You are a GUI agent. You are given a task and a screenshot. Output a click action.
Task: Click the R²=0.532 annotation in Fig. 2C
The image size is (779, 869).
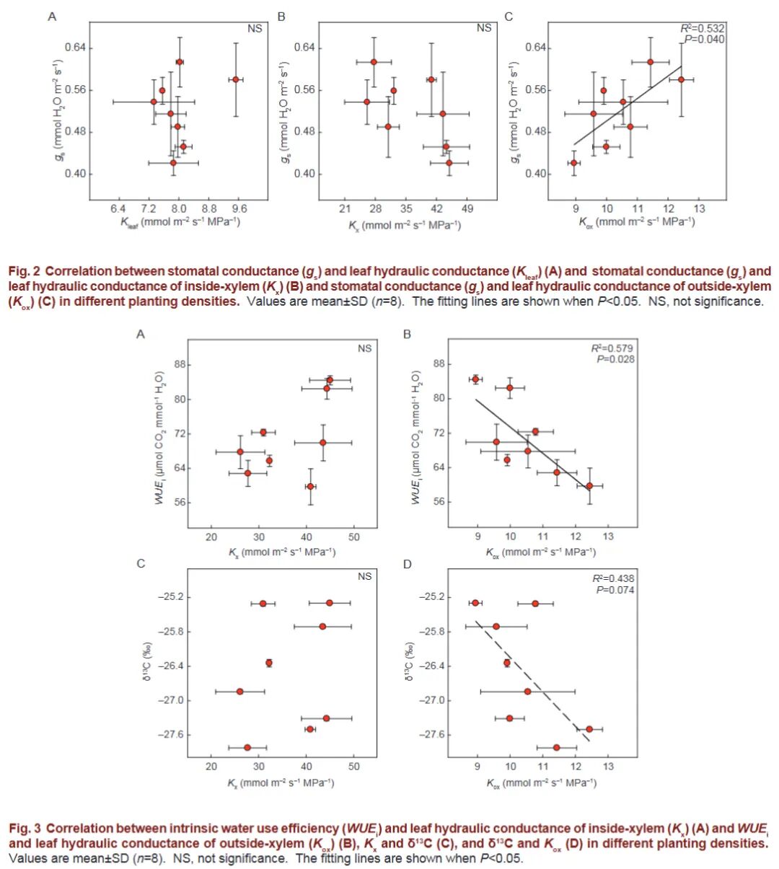[x=703, y=28]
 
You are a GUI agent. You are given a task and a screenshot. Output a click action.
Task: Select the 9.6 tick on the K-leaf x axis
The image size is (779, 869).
[x=239, y=208]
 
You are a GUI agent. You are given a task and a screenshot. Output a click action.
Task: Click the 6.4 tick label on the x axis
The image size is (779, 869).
[x=118, y=208]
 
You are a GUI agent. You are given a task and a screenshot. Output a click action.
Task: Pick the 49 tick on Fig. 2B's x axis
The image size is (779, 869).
[x=467, y=209]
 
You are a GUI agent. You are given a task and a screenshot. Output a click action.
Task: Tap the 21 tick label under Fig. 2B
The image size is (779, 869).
[x=345, y=209]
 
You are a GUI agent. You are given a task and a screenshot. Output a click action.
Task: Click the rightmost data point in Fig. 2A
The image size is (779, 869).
[x=236, y=79]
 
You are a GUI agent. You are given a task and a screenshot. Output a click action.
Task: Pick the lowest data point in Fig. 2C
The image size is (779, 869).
[x=574, y=163]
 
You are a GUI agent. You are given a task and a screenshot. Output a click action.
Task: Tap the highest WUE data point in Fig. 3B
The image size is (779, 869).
[x=476, y=379]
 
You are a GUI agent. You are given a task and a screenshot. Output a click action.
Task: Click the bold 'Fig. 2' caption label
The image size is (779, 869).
[x=24, y=272]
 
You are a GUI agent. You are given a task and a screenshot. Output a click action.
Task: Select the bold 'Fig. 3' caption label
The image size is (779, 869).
[x=24, y=829]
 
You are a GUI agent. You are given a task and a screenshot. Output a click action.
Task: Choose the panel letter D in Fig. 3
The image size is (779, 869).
[x=407, y=564]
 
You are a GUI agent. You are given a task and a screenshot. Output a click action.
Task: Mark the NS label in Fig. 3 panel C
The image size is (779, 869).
[x=365, y=576]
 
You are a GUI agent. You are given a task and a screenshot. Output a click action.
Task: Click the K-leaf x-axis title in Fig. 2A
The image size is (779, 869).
[x=180, y=222]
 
